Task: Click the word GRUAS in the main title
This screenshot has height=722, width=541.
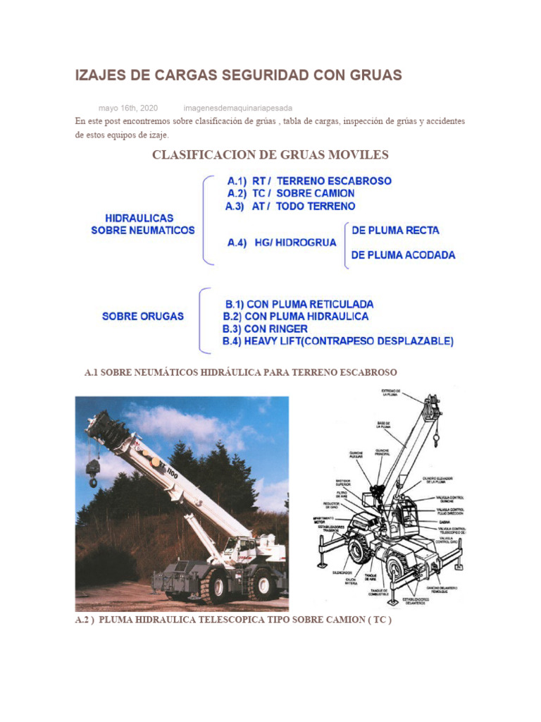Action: (371, 75)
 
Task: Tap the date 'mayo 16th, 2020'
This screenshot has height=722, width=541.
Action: (128, 108)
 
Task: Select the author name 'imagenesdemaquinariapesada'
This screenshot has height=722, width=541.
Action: (237, 108)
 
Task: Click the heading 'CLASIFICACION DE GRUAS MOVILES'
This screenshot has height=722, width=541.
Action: (270, 155)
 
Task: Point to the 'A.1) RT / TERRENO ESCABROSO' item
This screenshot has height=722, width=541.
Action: (309, 180)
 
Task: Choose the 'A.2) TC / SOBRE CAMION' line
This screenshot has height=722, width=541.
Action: (291, 193)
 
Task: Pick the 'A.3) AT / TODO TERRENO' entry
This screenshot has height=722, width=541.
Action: (290, 207)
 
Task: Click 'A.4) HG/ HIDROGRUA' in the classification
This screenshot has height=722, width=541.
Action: (282, 242)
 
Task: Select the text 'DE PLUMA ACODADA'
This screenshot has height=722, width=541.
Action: (403, 255)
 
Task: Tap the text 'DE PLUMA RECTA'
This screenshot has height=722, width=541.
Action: (395, 230)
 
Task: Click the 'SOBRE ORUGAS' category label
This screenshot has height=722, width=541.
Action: (143, 317)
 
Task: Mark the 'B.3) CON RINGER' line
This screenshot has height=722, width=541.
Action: (266, 329)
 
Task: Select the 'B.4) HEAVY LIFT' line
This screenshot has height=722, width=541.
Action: (338, 341)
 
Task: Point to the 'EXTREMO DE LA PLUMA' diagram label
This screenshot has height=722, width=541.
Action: (391, 393)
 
